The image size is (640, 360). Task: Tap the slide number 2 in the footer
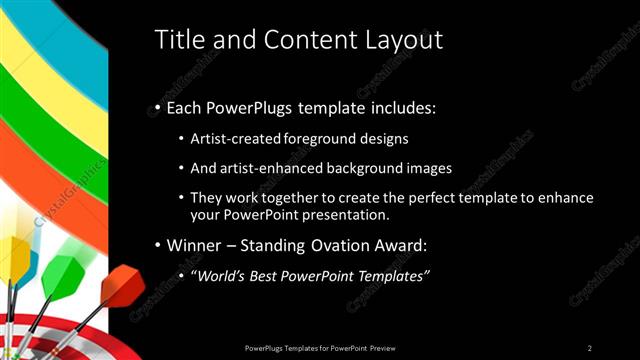[590, 347]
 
